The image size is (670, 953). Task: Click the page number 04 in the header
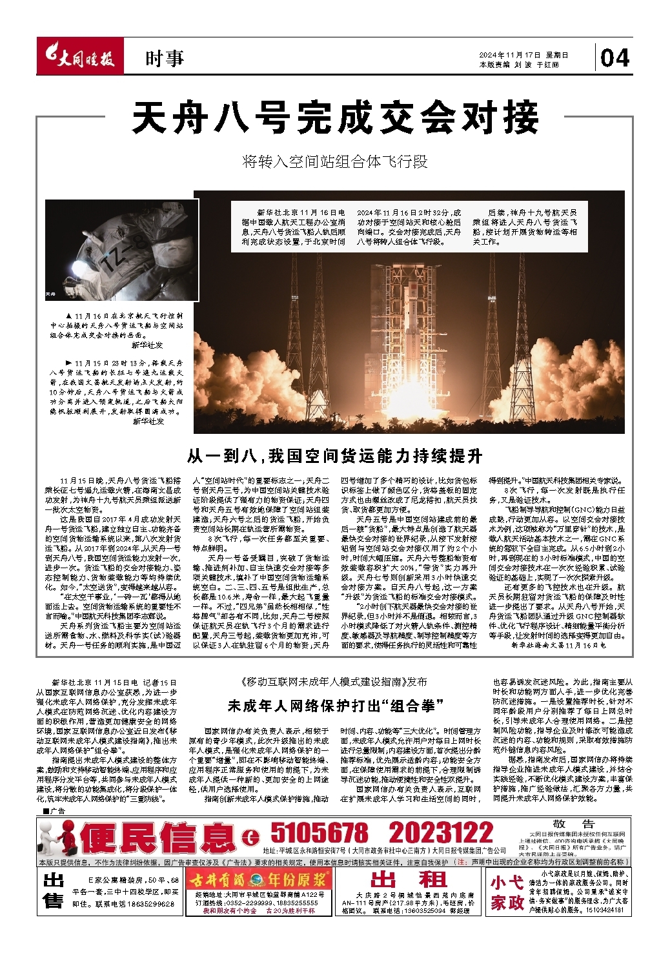(614, 59)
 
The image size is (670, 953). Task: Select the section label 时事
(164, 59)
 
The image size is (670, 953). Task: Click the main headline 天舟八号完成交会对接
(335, 118)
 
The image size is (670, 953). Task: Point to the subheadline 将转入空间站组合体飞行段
(335, 161)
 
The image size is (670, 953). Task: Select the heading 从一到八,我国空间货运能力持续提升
(334, 456)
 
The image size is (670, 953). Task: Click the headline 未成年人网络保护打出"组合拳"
(335, 705)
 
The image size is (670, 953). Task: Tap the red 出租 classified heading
(409, 879)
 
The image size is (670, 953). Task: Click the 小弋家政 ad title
(507, 892)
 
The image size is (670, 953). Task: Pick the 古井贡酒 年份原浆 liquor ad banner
(258, 879)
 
